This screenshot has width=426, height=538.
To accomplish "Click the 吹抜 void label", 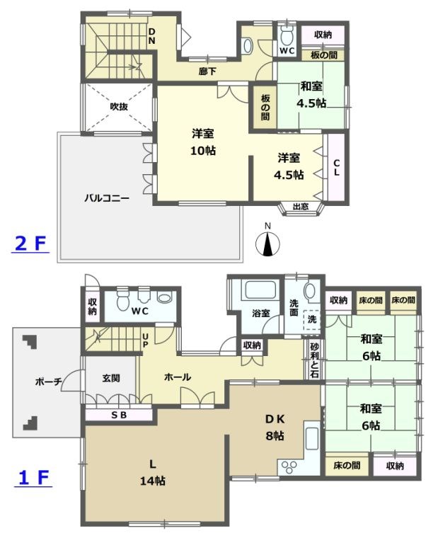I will pyautogui.click(x=118, y=107).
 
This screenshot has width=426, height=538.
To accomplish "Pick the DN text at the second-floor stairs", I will pyautogui.click(x=151, y=36).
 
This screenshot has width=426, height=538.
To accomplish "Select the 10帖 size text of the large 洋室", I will pyautogui.click(x=203, y=150).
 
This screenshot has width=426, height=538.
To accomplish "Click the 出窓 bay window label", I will pyautogui.click(x=301, y=207).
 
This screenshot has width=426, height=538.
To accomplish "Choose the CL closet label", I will pyautogui.click(x=337, y=167).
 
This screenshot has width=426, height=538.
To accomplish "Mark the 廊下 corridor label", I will pyautogui.click(x=207, y=71).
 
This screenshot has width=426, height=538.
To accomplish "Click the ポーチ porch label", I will pyautogui.click(x=47, y=382).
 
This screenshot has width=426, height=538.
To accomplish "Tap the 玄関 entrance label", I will pyautogui.click(x=110, y=378).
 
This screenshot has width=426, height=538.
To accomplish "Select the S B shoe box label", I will pyautogui.click(x=118, y=415).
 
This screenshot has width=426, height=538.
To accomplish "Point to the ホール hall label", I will pyautogui.click(x=177, y=377).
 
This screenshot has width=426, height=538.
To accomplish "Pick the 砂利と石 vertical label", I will pyautogui.click(x=314, y=360).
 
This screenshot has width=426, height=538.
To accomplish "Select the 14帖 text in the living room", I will pyautogui.click(x=152, y=480).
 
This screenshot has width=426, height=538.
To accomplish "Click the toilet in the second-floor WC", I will pyautogui.click(x=287, y=36).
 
